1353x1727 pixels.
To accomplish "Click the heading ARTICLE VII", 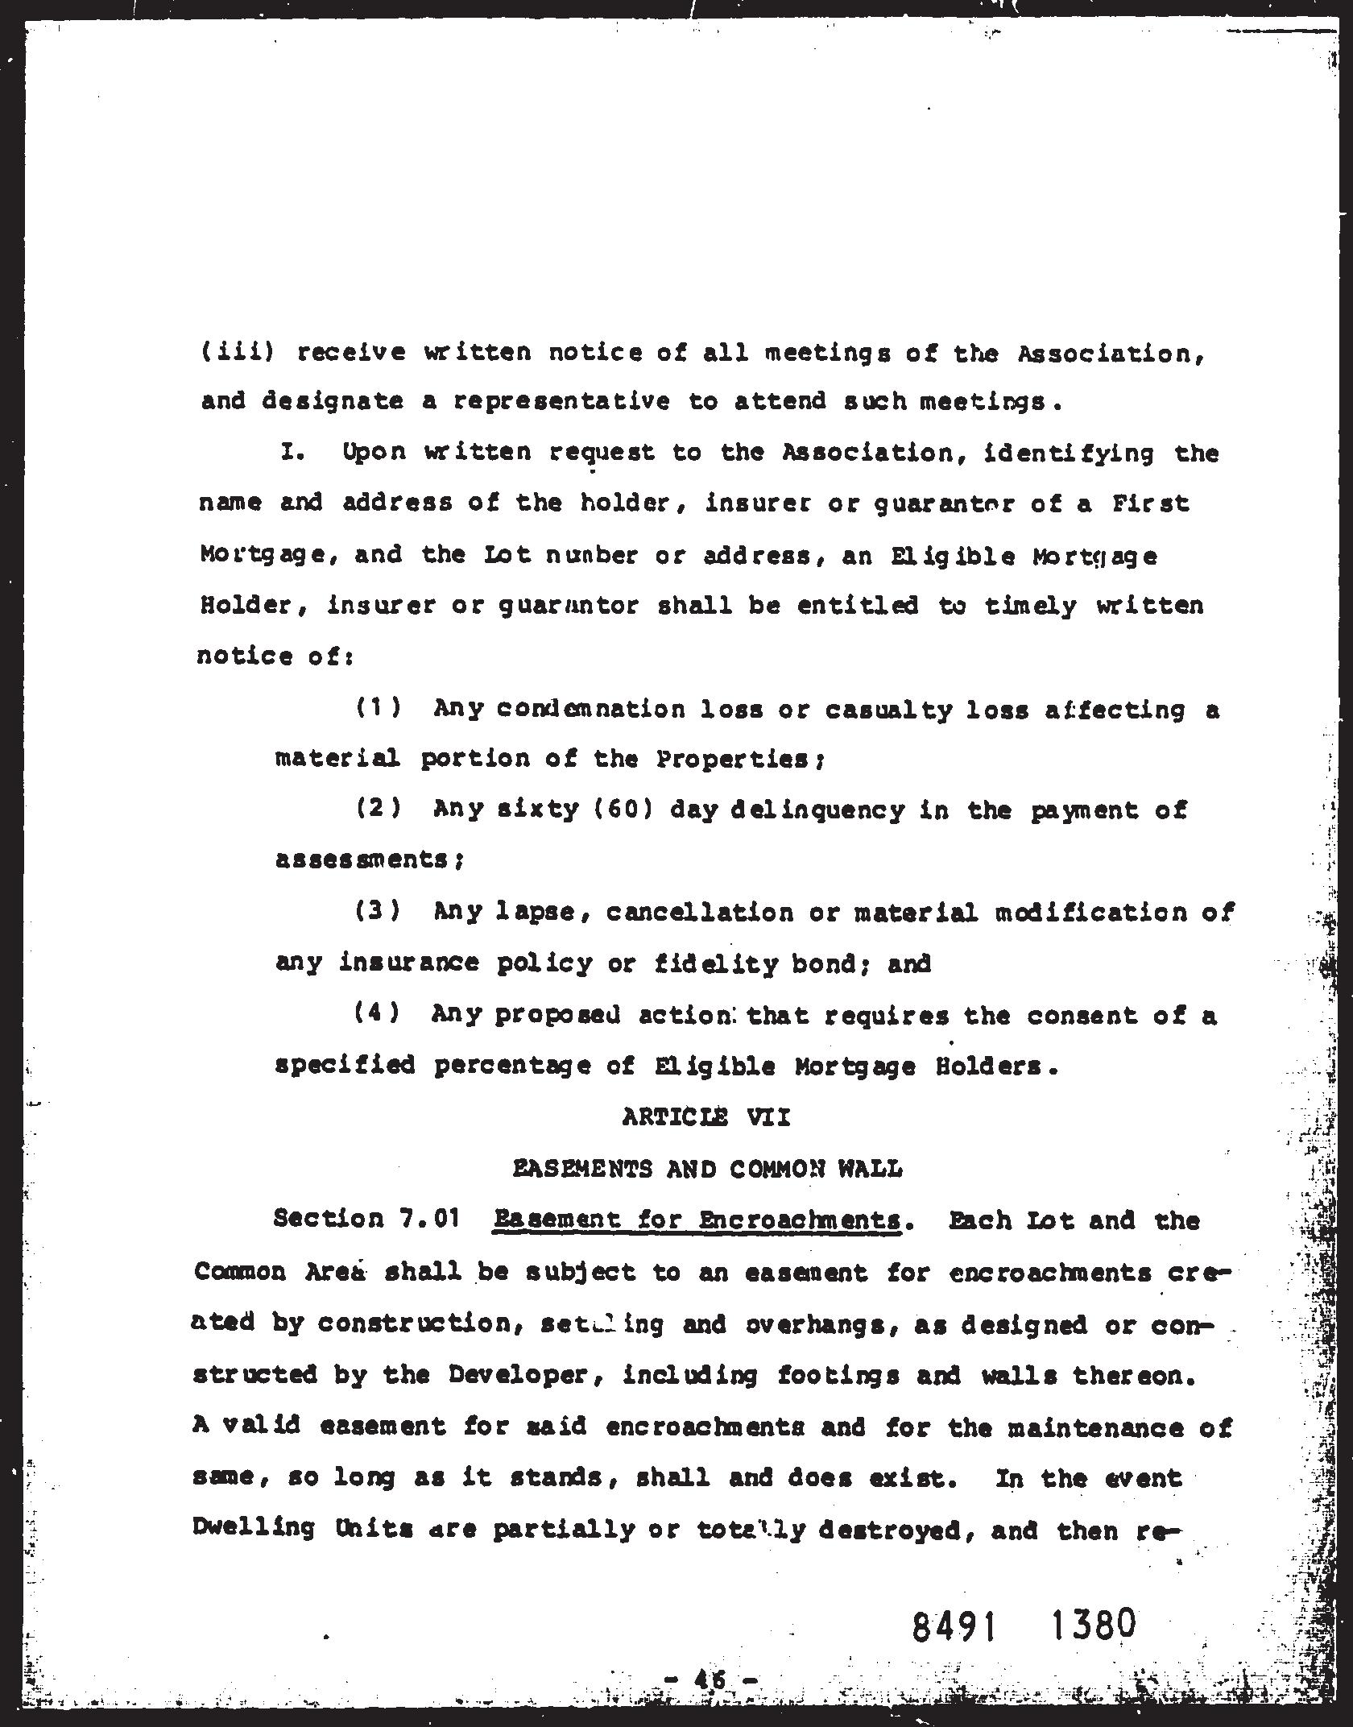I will pos(706,1117).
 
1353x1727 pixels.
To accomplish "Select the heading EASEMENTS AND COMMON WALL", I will pos(708,1169).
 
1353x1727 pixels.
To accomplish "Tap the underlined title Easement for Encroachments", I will pos(697,1220).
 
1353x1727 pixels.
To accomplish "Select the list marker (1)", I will pos(379,708).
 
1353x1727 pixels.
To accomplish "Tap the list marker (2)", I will pos(379,809).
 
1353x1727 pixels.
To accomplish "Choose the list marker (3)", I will pos(379,911).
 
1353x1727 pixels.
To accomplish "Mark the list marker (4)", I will pos(377,1013).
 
